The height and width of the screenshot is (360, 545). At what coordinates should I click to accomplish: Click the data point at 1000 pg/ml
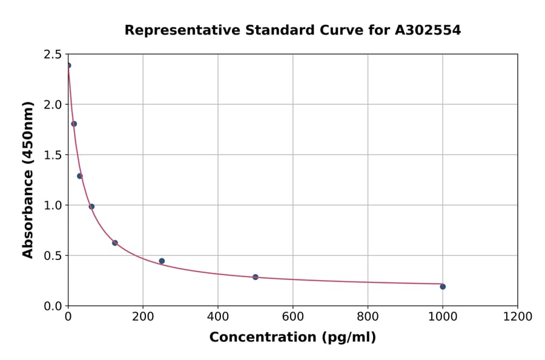443,287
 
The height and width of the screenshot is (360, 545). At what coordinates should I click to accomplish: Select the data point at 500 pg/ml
256,277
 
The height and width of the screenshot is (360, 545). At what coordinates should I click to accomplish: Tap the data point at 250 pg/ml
162,261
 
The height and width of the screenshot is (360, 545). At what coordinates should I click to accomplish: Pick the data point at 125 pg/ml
115,243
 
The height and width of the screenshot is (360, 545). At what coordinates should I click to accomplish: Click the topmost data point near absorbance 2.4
68,65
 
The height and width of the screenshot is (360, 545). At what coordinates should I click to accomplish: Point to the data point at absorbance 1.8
74,124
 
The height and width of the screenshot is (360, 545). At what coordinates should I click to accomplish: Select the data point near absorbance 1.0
91,207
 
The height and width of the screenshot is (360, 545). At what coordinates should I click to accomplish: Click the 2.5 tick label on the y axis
53,55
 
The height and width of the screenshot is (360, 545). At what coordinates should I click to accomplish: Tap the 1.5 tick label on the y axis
53,155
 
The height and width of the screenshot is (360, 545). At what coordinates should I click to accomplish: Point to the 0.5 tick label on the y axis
53,256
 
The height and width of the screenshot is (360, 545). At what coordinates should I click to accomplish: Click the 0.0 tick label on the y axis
53,306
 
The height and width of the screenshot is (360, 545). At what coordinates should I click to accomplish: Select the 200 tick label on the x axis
143,316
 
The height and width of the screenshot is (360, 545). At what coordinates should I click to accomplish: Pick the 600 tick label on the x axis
292,316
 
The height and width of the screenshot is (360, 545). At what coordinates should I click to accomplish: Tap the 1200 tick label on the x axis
517,316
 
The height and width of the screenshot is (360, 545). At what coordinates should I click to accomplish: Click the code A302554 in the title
428,30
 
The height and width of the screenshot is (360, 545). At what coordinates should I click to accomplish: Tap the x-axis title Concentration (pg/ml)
292,338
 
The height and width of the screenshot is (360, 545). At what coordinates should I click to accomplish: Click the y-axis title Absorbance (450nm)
28,180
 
